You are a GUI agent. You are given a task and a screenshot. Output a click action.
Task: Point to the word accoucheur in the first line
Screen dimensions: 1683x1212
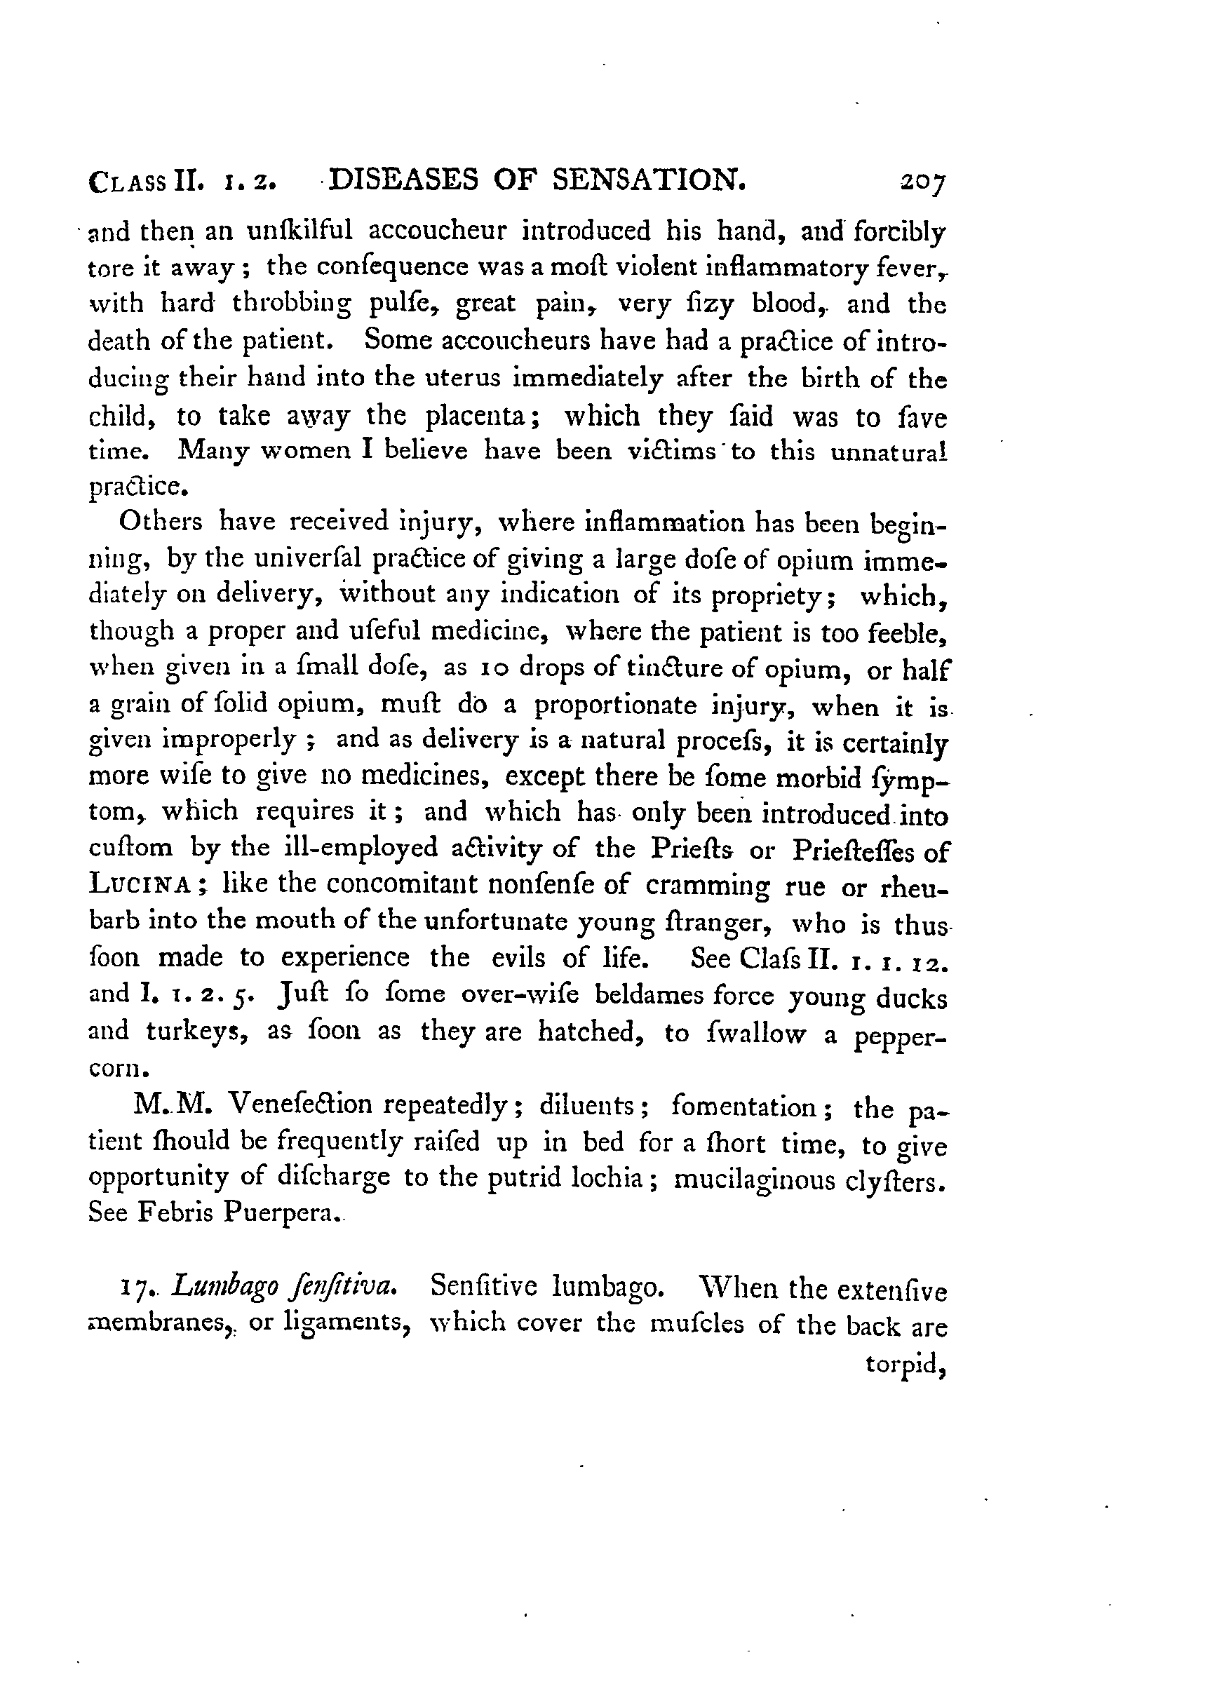[437, 231]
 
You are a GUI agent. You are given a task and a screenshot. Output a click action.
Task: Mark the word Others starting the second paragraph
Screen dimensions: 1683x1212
[161, 522]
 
